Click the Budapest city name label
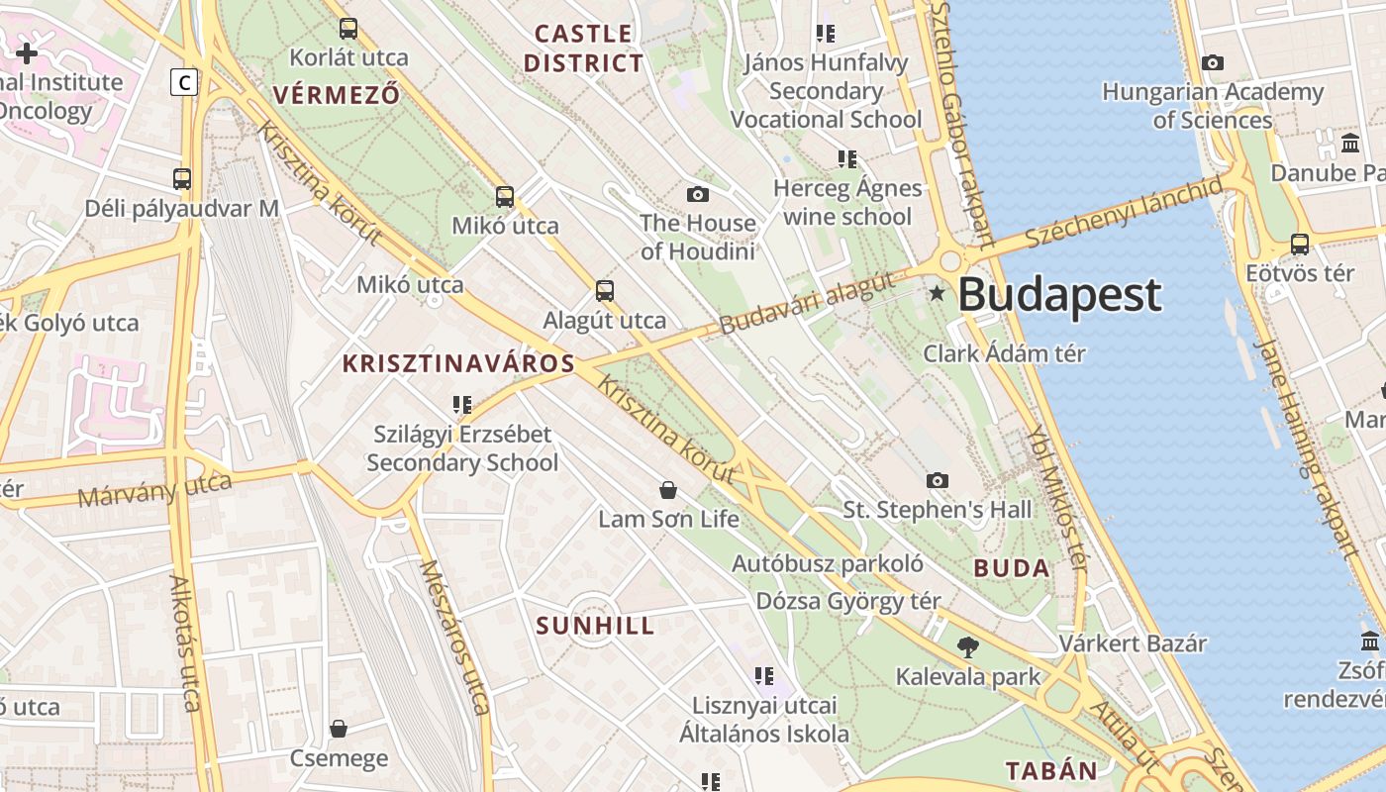[1059, 295]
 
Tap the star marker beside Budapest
[937, 293]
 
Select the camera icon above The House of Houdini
[698, 194]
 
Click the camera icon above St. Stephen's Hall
[937, 481]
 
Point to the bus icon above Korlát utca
[347, 29]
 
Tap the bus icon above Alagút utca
[604, 291]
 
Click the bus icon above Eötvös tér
[1299, 244]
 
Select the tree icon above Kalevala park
[967, 647]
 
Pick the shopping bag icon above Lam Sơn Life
[668, 490]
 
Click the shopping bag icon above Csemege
[339, 730]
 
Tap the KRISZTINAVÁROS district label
[458, 363]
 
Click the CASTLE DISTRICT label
[583, 49]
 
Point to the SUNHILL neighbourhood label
[595, 626]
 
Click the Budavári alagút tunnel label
[815, 300]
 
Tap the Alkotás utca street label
[185, 643]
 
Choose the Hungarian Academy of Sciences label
[1213, 106]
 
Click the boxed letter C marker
[184, 82]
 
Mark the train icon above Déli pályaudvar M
[181, 179]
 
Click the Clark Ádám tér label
[1004, 353]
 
